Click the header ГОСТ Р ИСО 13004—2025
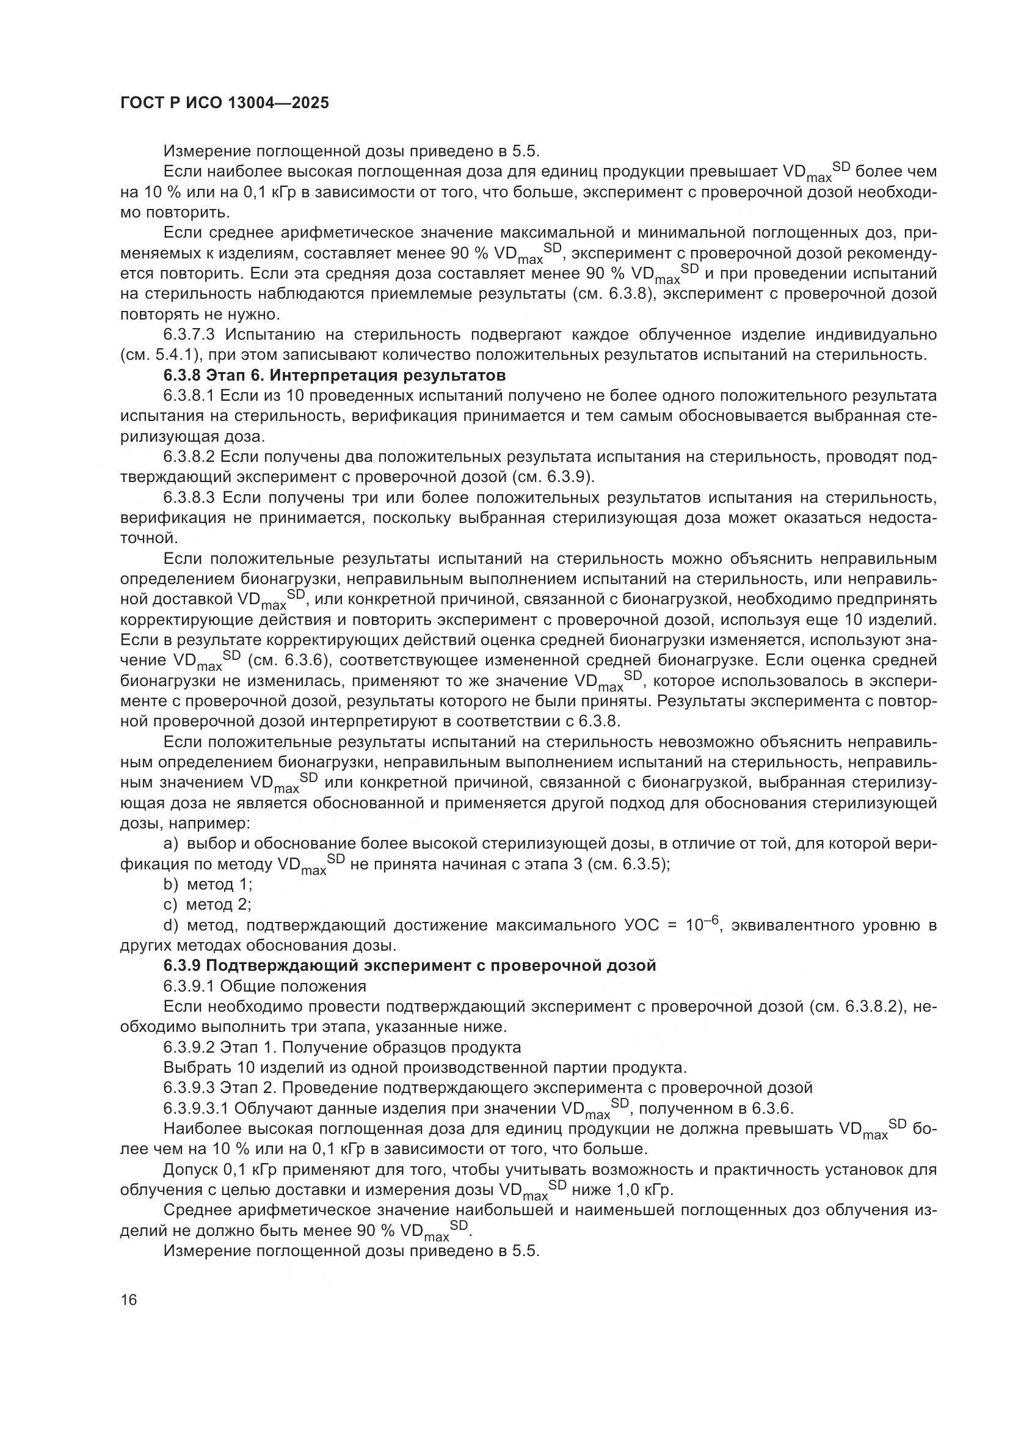coord(224,103)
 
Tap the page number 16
coord(129,1299)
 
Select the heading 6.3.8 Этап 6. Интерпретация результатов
coord(334,375)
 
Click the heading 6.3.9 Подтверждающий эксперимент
coord(410,965)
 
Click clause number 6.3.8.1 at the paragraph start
coord(189,396)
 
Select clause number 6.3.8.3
coord(189,497)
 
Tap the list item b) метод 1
coord(208,884)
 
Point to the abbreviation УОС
coord(641,926)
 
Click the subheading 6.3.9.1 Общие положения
coord(265,986)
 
